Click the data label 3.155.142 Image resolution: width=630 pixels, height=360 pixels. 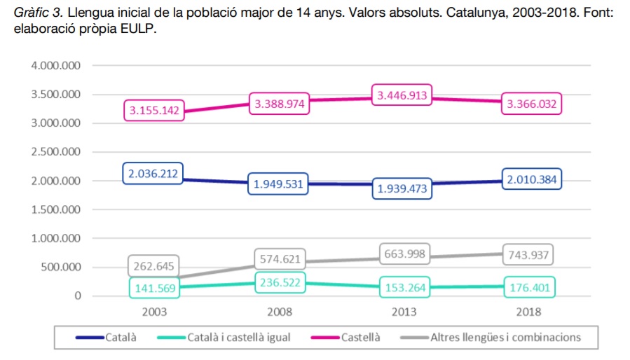[155, 111]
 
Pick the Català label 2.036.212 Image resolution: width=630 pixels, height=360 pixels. [153, 174]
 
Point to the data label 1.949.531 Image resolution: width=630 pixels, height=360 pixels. [278, 184]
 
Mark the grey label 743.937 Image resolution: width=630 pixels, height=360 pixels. [528, 255]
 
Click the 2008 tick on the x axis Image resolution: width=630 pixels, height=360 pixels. [279, 312]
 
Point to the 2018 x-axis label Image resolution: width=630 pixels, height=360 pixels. [528, 312]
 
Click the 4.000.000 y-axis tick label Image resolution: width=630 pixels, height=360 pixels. [57, 66]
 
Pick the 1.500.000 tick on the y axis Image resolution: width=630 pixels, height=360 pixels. [57, 209]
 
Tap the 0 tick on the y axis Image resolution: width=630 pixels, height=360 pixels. [78, 296]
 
